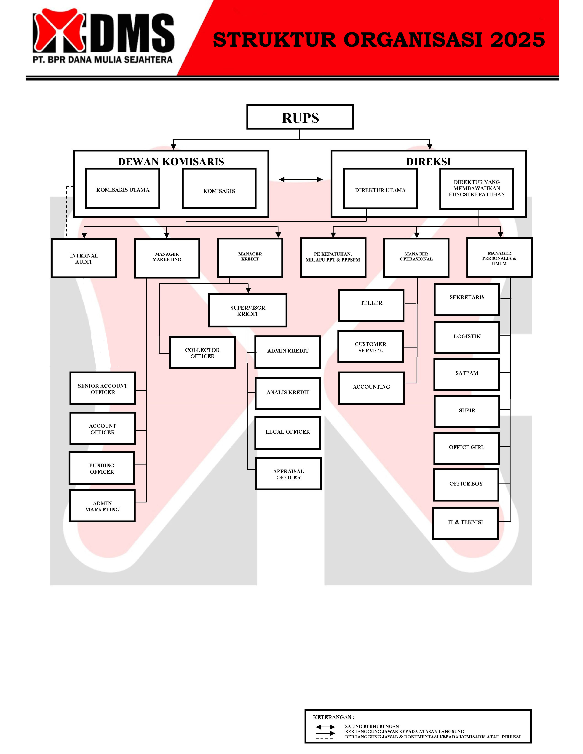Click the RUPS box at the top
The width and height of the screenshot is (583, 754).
coord(300,117)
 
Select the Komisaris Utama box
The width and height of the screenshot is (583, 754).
coord(123,188)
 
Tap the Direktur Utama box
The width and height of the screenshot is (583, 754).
coord(380,189)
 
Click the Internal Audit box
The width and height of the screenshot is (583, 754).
coord(84,258)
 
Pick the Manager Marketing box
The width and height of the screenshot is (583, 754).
coord(167,258)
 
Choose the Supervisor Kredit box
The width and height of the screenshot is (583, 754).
coord(248,310)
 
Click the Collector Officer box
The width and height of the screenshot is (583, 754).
coord(202,353)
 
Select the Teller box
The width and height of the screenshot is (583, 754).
coord(371,305)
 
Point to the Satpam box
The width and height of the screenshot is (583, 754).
coord(467,374)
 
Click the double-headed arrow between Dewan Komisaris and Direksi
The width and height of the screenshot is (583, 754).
coord(300,180)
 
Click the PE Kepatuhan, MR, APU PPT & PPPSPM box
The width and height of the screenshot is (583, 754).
coord(333,258)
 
